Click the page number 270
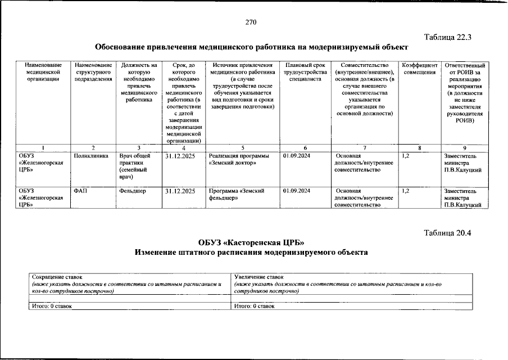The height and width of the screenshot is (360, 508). (x=251, y=22)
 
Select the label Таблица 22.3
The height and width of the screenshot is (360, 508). (x=447, y=38)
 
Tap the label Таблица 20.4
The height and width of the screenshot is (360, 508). (x=447, y=233)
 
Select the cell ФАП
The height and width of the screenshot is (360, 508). (x=80, y=191)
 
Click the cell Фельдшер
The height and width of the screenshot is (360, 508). (x=133, y=191)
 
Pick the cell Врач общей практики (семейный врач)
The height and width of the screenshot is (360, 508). (x=134, y=166)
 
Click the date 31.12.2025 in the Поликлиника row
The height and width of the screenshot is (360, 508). (x=180, y=155)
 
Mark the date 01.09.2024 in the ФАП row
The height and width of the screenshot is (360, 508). (x=297, y=191)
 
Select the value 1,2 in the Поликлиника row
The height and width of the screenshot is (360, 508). (x=407, y=155)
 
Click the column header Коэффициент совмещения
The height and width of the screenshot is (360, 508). (x=419, y=69)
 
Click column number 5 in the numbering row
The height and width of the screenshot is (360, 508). (x=243, y=147)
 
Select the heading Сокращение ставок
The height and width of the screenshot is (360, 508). (x=57, y=277)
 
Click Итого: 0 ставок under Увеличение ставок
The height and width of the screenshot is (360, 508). (x=255, y=306)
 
